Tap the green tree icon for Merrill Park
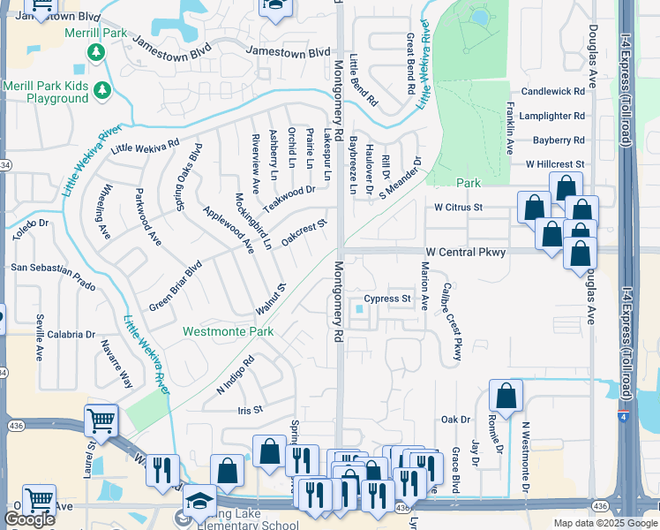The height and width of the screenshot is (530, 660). click(x=95, y=54)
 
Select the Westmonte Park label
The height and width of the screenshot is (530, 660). click(x=228, y=332)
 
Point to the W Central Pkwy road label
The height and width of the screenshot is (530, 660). click(x=469, y=253)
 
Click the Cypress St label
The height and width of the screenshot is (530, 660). click(x=388, y=299)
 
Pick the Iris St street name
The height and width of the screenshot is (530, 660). click(x=251, y=410)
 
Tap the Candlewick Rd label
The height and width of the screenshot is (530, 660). click(x=553, y=91)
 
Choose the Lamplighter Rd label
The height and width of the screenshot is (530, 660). click(x=552, y=116)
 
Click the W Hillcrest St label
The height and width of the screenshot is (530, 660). click(x=555, y=164)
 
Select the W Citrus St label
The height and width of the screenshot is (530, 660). click(x=460, y=207)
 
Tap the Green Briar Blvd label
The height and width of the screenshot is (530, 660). click(x=176, y=279)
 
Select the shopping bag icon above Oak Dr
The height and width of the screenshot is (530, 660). click(x=506, y=397)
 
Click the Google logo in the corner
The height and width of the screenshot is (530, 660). click(x=29, y=519)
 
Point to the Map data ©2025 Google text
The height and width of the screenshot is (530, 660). click(x=604, y=523)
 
